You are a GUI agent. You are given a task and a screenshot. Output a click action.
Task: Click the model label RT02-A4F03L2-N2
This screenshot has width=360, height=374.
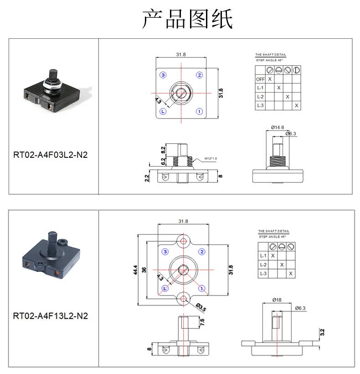tap(50, 155)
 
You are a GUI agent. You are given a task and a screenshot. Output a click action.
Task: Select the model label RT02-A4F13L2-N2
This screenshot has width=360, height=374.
tap(50, 316)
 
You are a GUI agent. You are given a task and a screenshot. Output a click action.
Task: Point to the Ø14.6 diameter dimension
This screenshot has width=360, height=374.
tap(278, 127)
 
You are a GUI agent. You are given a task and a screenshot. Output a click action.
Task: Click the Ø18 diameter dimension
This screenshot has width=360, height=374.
tap(277, 300)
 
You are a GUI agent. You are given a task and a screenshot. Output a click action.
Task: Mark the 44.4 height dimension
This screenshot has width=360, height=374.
tap(134, 270)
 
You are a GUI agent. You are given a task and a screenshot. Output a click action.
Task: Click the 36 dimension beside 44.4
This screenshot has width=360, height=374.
tap(144, 270)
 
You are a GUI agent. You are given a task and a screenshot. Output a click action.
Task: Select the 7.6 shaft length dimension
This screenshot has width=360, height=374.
tap(202, 322)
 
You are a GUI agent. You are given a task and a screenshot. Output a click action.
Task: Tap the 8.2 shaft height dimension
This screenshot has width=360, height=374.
tap(163, 149)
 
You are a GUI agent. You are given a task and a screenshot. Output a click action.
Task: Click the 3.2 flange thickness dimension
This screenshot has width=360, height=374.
tap(322, 332)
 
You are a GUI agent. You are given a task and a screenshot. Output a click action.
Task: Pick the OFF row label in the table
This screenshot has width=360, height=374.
tap(260, 79)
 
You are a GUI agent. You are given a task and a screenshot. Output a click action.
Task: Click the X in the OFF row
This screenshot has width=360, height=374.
tap(270, 79)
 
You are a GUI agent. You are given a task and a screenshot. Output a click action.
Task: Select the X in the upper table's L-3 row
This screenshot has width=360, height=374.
tap(296, 105)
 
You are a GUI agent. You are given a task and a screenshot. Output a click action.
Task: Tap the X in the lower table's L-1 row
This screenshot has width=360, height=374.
tap(273, 255)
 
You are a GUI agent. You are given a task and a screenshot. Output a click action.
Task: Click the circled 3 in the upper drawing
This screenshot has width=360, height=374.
tap(163, 75)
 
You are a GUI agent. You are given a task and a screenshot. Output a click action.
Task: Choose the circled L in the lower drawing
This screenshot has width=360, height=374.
tap(165, 288)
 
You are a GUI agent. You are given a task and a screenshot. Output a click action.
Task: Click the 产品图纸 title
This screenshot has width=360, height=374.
tap(187, 19)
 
